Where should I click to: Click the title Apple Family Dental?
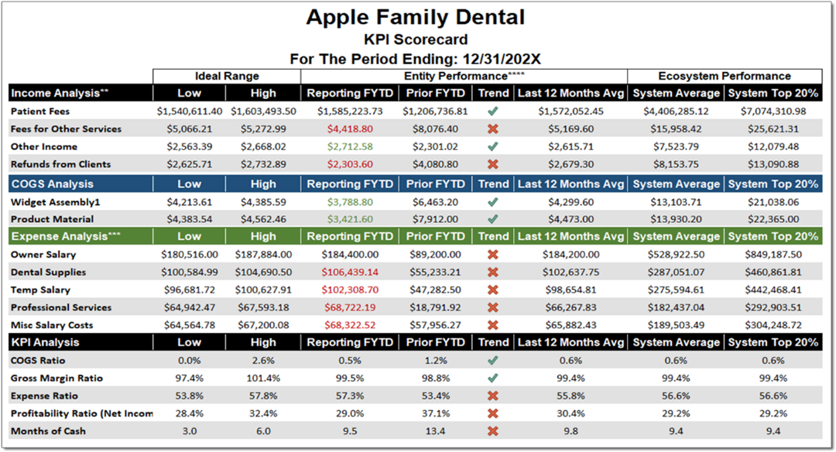coord(415,17)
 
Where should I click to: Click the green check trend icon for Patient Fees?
coord(493,111)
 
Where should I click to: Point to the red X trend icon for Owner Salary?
coord(493,255)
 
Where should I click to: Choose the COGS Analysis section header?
coord(51,184)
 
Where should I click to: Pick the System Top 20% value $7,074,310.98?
coord(773,111)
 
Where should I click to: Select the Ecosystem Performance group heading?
coord(725,76)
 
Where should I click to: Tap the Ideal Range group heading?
coord(226,76)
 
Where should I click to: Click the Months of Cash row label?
coord(48,431)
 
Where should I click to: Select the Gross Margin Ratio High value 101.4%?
coord(263,378)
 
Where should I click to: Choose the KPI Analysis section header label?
coord(44,342)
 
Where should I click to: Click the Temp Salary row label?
coord(40,290)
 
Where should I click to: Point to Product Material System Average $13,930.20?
coord(676,219)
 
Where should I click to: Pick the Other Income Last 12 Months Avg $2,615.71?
coord(570,147)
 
